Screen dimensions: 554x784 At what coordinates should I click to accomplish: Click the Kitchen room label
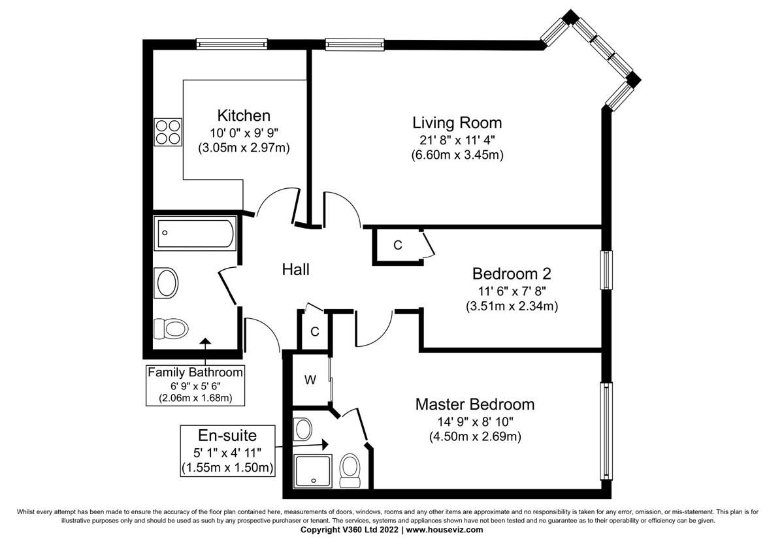tap(244, 116)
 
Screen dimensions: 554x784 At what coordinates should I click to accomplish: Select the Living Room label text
tap(457, 122)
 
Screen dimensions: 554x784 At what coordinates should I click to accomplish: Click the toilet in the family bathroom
tap(171, 327)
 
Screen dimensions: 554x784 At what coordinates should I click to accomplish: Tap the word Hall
tap(295, 269)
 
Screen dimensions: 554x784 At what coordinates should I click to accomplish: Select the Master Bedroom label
tap(475, 404)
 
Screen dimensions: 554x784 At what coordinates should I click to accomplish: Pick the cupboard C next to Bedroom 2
tap(397, 246)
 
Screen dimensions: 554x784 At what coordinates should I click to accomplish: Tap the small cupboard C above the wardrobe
tap(314, 332)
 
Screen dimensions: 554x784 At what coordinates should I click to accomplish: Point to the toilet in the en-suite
tap(350, 468)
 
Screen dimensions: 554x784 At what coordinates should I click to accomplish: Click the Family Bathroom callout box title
tap(195, 372)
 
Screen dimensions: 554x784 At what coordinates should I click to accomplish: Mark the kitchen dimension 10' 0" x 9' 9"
tap(244, 133)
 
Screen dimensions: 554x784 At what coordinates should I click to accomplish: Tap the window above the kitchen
tap(232, 44)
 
